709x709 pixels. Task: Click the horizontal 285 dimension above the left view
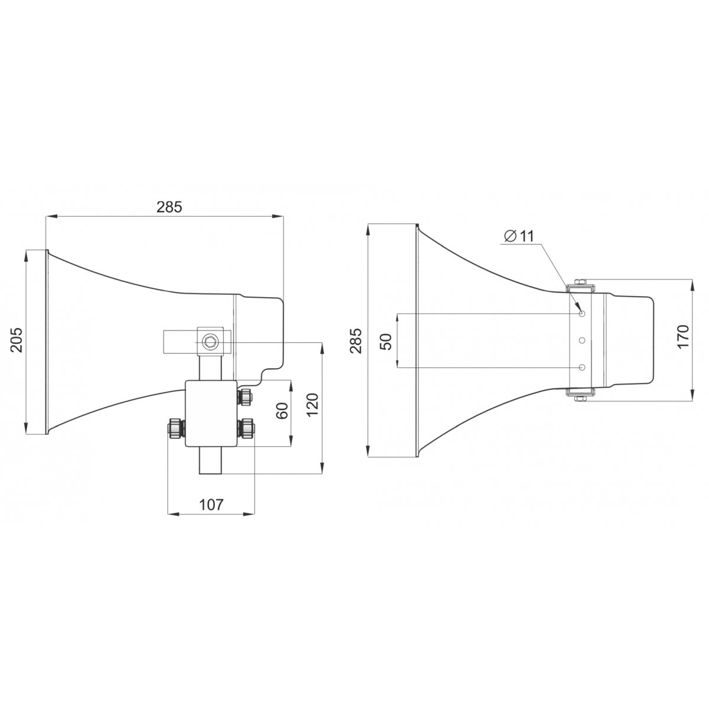coord(169,207)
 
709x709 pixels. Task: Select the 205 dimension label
coord(17,340)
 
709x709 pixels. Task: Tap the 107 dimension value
coord(211,505)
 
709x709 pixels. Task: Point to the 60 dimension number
coord(282,411)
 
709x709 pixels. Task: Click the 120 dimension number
coord(313,405)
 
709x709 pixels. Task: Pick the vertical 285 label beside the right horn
coord(356,340)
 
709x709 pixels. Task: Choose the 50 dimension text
coord(386,342)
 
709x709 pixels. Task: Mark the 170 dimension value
coord(682,336)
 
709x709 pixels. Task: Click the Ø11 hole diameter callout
coord(519,236)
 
